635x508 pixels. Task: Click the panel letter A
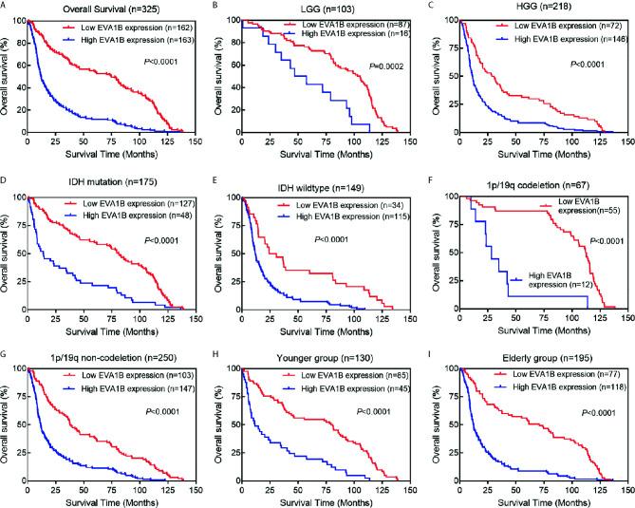point(6,9)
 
